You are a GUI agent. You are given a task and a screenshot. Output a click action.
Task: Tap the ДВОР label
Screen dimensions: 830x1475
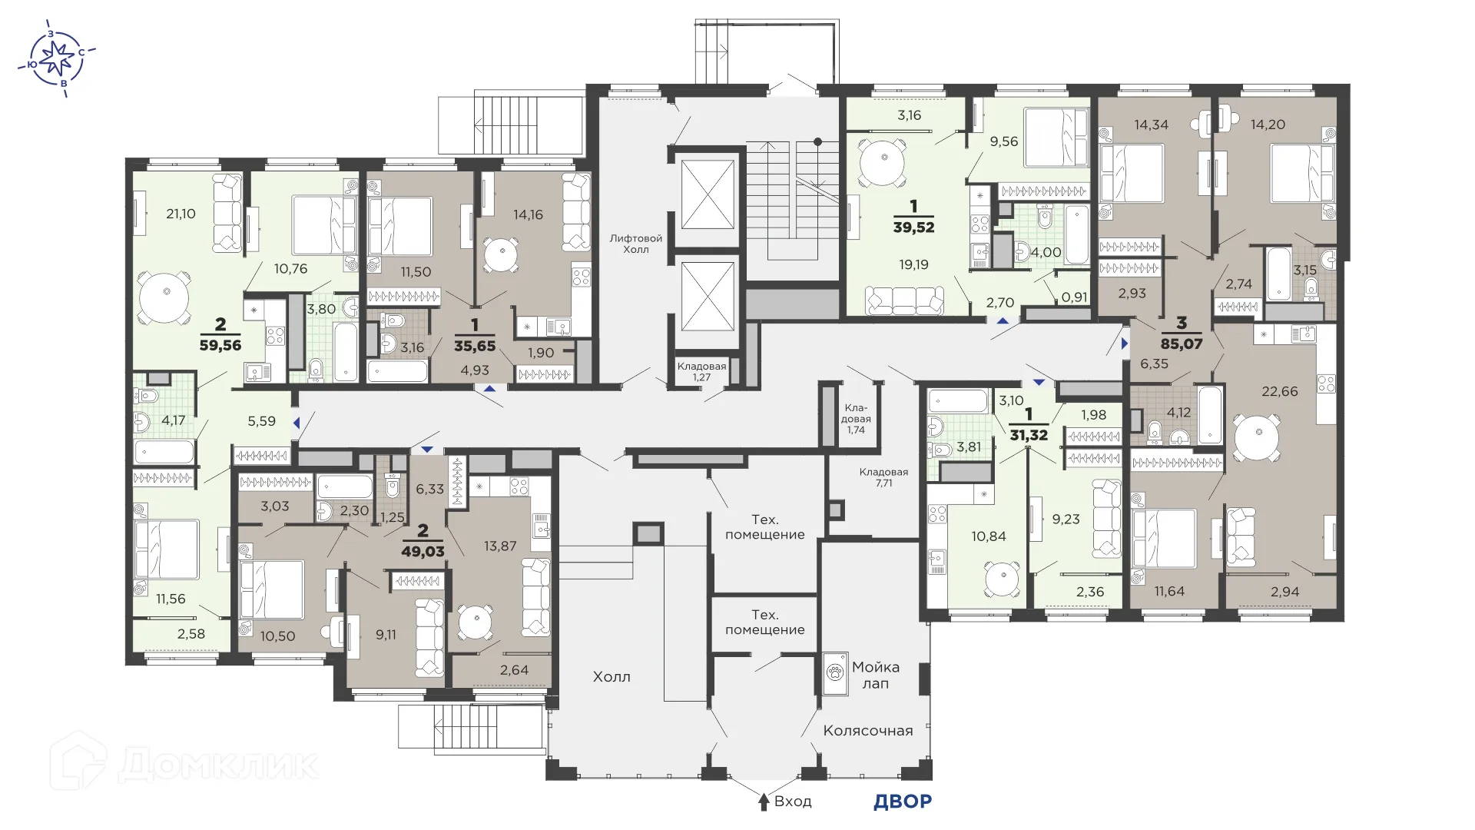point(902,802)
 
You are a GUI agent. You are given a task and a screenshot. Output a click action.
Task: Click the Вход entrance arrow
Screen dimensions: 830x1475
point(764,802)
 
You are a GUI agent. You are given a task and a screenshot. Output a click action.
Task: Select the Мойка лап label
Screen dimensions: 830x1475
point(875,675)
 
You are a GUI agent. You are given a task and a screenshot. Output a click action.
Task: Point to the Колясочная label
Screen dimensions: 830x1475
point(867,730)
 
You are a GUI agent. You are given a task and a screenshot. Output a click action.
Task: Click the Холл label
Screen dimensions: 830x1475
point(612,677)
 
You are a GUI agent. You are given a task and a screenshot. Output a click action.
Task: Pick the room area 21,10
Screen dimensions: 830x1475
point(181,214)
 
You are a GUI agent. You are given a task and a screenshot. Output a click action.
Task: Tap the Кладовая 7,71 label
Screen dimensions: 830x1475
point(883,478)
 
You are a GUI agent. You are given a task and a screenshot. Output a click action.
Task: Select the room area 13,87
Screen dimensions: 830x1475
point(499,546)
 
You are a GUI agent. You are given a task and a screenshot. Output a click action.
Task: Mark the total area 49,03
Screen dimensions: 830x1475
point(423,551)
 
